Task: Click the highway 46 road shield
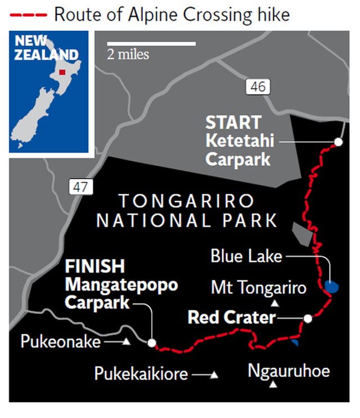258,87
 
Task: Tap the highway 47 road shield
79,187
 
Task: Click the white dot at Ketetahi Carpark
338,142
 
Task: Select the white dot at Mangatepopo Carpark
151,342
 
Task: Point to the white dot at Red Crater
308,319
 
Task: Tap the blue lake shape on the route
332,287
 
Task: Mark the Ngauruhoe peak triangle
273,385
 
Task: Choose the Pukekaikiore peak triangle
214,374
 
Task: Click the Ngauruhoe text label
289,371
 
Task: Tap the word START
233,122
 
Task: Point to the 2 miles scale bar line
151,43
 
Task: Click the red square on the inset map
63,72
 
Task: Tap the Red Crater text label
231,319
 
